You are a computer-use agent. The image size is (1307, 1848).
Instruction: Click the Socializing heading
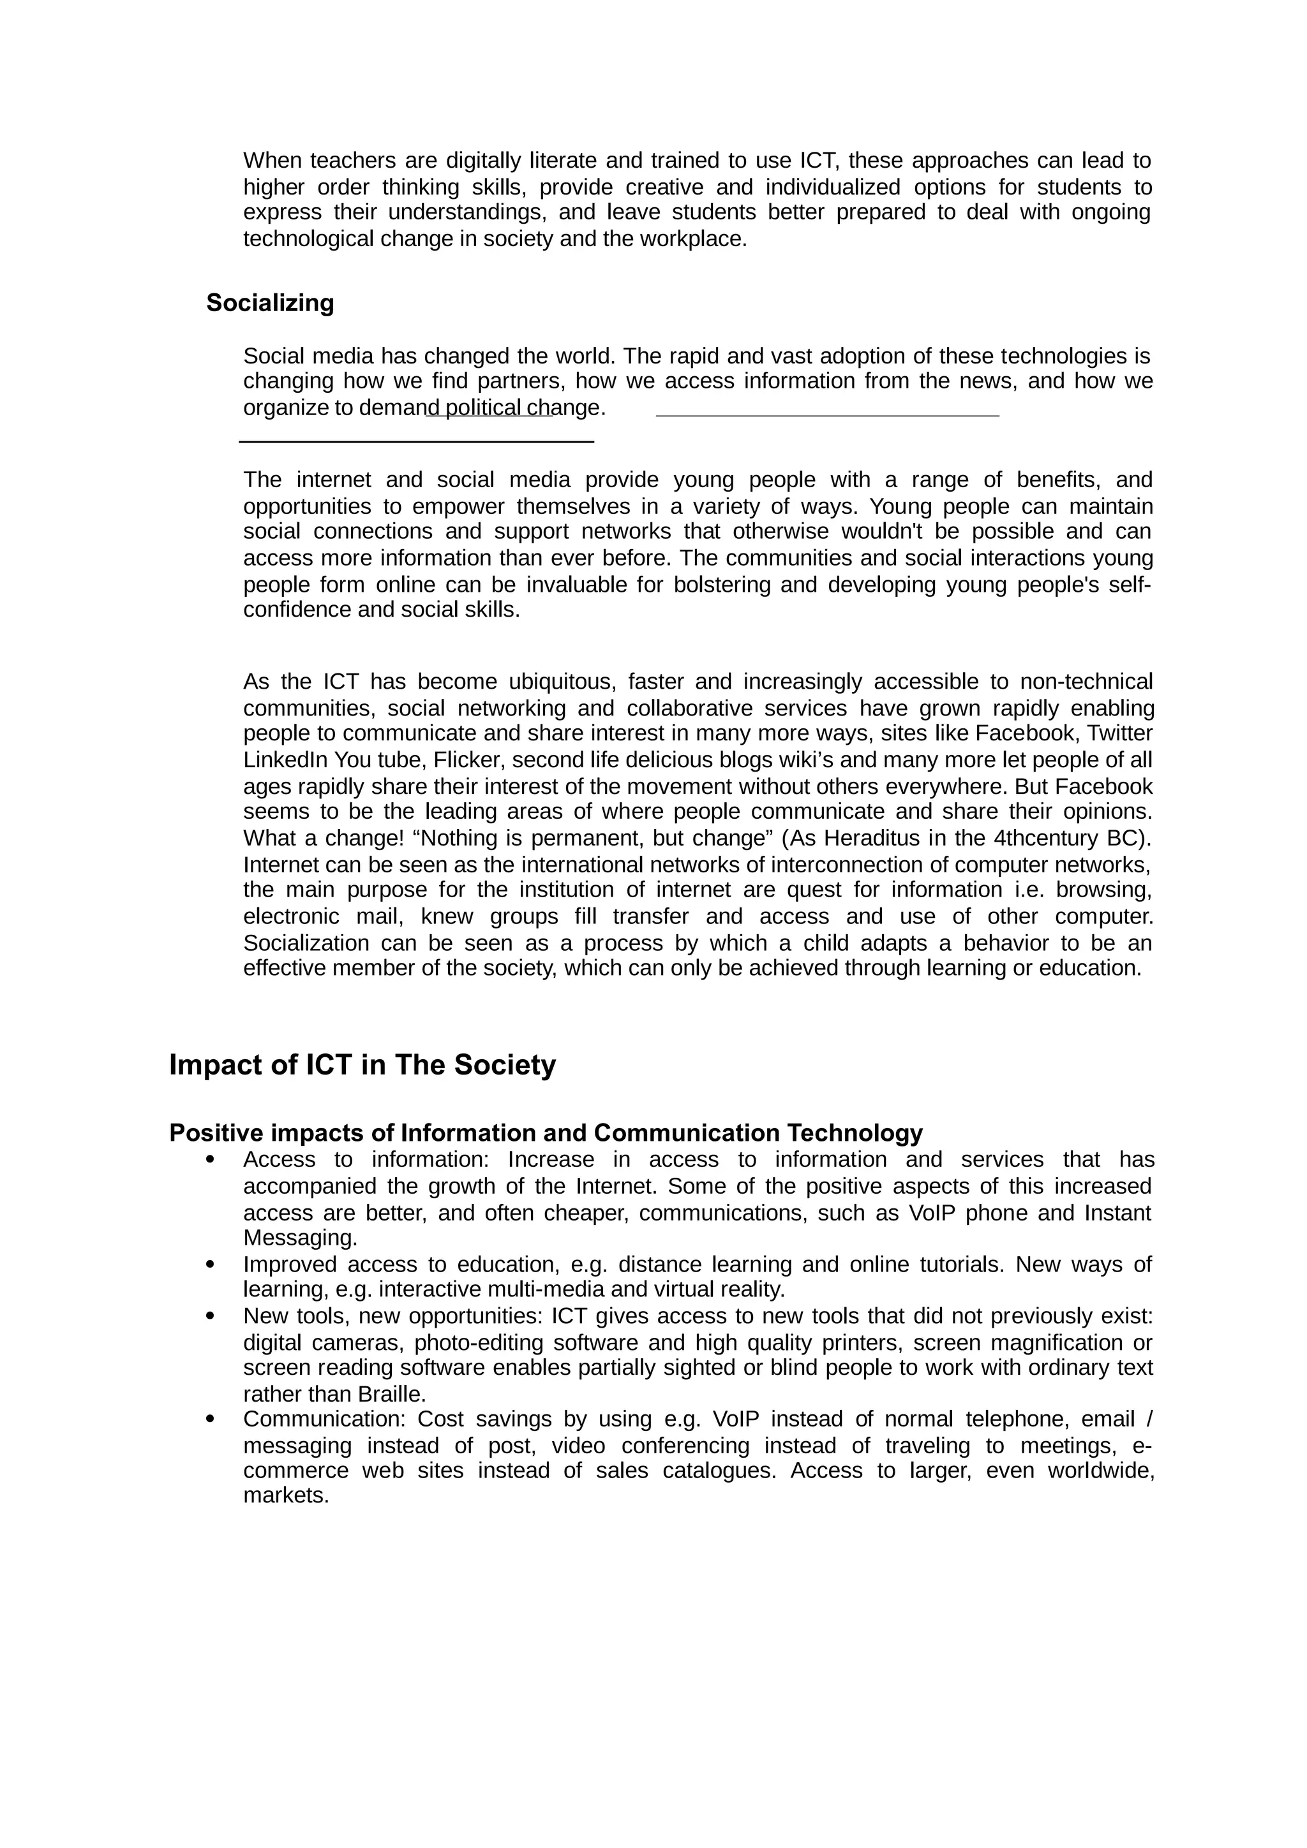(x=270, y=303)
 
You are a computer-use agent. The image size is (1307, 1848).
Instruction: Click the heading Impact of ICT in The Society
(x=362, y=1065)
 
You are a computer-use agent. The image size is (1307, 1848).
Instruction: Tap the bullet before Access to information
(x=211, y=1160)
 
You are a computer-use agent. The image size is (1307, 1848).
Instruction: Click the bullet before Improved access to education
(x=211, y=1265)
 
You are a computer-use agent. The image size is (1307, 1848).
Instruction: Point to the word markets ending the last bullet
(x=286, y=1496)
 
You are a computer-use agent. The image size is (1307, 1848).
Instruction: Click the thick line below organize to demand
(x=416, y=441)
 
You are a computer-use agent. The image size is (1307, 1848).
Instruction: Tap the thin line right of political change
(x=827, y=415)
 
